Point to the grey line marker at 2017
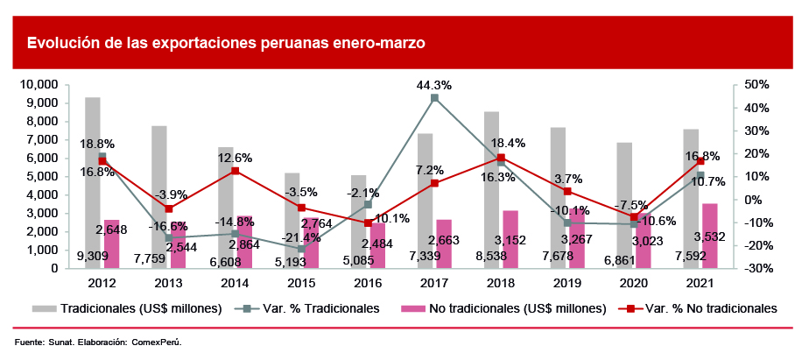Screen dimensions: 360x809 (x=434, y=98)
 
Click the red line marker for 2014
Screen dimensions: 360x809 (x=236, y=171)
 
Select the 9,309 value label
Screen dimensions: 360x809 (x=93, y=257)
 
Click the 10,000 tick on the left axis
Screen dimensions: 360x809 (x=39, y=85)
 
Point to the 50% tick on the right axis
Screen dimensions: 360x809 (x=756, y=85)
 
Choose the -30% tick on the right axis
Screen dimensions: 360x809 (x=755, y=268)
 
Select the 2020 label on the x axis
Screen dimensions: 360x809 (x=634, y=283)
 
